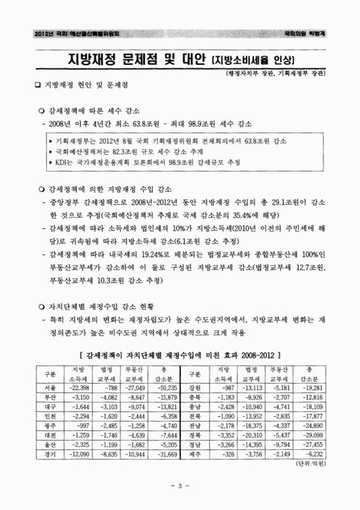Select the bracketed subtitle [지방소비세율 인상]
tap(251, 62)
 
